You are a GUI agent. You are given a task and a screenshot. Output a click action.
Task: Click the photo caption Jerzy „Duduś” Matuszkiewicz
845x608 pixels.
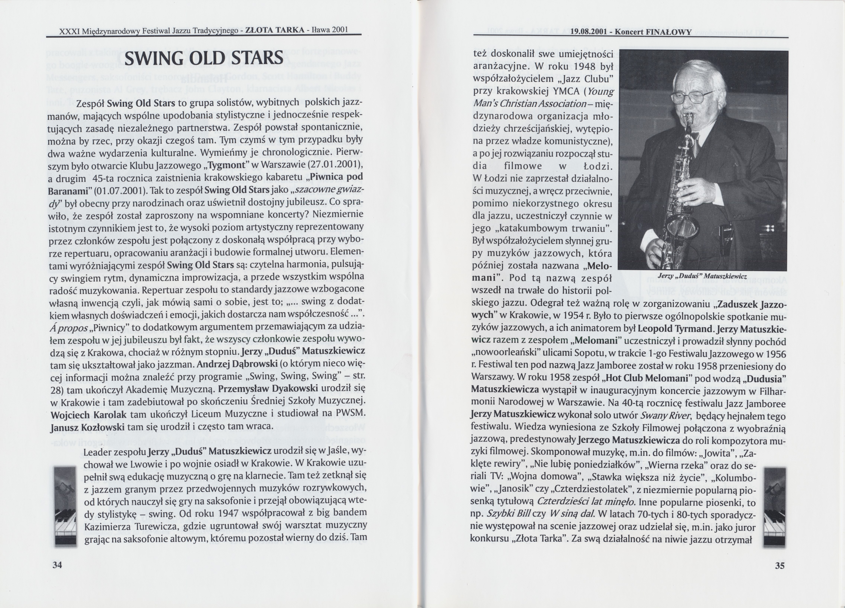702,276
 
